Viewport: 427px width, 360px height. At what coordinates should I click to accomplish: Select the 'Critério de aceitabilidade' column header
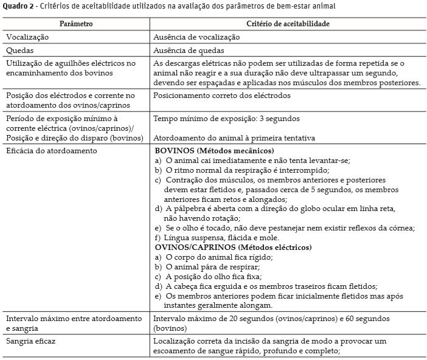288,23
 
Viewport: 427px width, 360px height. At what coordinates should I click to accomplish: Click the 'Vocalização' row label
27,37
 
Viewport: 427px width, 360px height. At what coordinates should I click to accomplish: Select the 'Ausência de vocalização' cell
196,37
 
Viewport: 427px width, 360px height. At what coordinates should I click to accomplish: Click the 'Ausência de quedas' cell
189,50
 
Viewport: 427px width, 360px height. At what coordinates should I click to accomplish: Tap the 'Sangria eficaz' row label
32,342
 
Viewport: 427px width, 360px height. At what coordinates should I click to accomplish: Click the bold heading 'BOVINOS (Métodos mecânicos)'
214,150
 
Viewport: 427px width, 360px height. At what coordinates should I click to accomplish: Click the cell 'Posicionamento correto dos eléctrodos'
222,95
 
